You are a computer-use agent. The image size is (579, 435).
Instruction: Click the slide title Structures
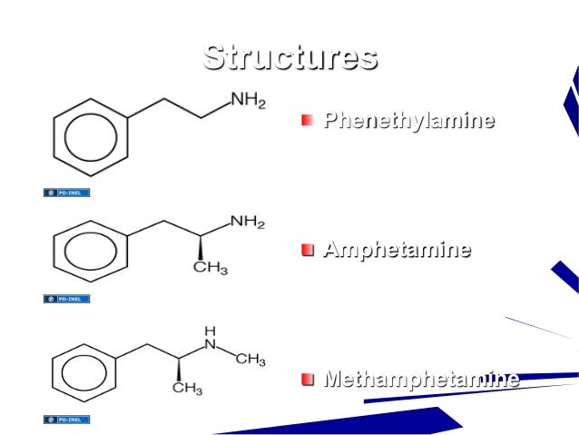coord(289,56)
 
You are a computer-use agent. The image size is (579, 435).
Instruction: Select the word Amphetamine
coord(397,250)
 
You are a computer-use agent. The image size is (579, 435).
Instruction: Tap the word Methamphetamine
coord(422,378)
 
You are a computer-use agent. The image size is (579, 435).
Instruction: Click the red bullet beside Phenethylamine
coord(309,121)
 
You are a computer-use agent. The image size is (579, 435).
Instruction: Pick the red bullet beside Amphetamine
coord(309,250)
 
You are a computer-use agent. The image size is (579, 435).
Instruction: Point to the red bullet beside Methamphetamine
coord(309,379)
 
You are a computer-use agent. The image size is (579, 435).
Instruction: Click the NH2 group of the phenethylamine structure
coord(247,102)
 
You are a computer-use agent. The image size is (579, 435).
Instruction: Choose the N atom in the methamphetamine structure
coord(211,345)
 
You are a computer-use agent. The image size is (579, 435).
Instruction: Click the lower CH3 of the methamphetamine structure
coord(187,389)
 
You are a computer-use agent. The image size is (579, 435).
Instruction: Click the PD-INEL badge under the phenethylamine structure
coord(67,193)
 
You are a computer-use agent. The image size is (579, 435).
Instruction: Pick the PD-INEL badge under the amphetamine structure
coord(67,298)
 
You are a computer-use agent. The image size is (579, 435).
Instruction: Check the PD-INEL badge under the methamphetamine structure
coord(67,420)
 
